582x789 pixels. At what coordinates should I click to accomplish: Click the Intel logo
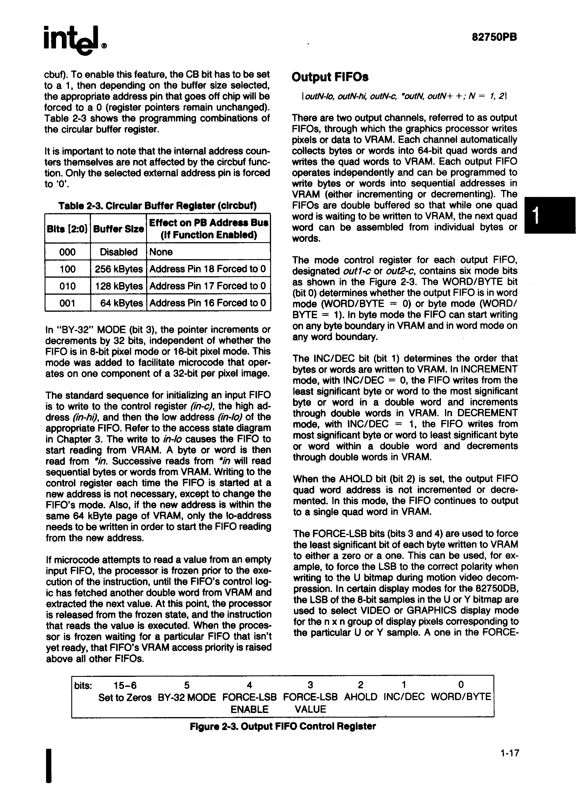point(74,40)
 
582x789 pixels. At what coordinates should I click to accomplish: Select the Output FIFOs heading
point(330,77)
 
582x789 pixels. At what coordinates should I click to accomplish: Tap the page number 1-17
point(509,753)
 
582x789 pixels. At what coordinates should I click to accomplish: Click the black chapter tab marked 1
point(550,215)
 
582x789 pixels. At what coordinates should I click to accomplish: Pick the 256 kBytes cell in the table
point(119,269)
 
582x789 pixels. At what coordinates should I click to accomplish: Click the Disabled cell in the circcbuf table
point(119,252)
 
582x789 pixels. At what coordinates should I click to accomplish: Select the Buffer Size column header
point(119,229)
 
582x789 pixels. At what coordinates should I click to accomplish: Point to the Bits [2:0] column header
point(67,229)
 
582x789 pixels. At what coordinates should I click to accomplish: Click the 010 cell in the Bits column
point(67,286)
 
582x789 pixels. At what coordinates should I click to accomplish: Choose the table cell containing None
point(161,252)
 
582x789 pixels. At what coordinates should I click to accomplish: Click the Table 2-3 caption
point(157,205)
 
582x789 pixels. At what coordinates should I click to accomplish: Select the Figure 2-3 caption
point(282,726)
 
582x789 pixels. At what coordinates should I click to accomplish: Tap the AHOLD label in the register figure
point(361,697)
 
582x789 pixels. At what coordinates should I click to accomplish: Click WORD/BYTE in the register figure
point(461,697)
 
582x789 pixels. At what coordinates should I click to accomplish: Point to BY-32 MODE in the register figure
point(187,697)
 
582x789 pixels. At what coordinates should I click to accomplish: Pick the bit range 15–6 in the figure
point(125,685)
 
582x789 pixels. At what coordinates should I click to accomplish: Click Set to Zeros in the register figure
point(125,697)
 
